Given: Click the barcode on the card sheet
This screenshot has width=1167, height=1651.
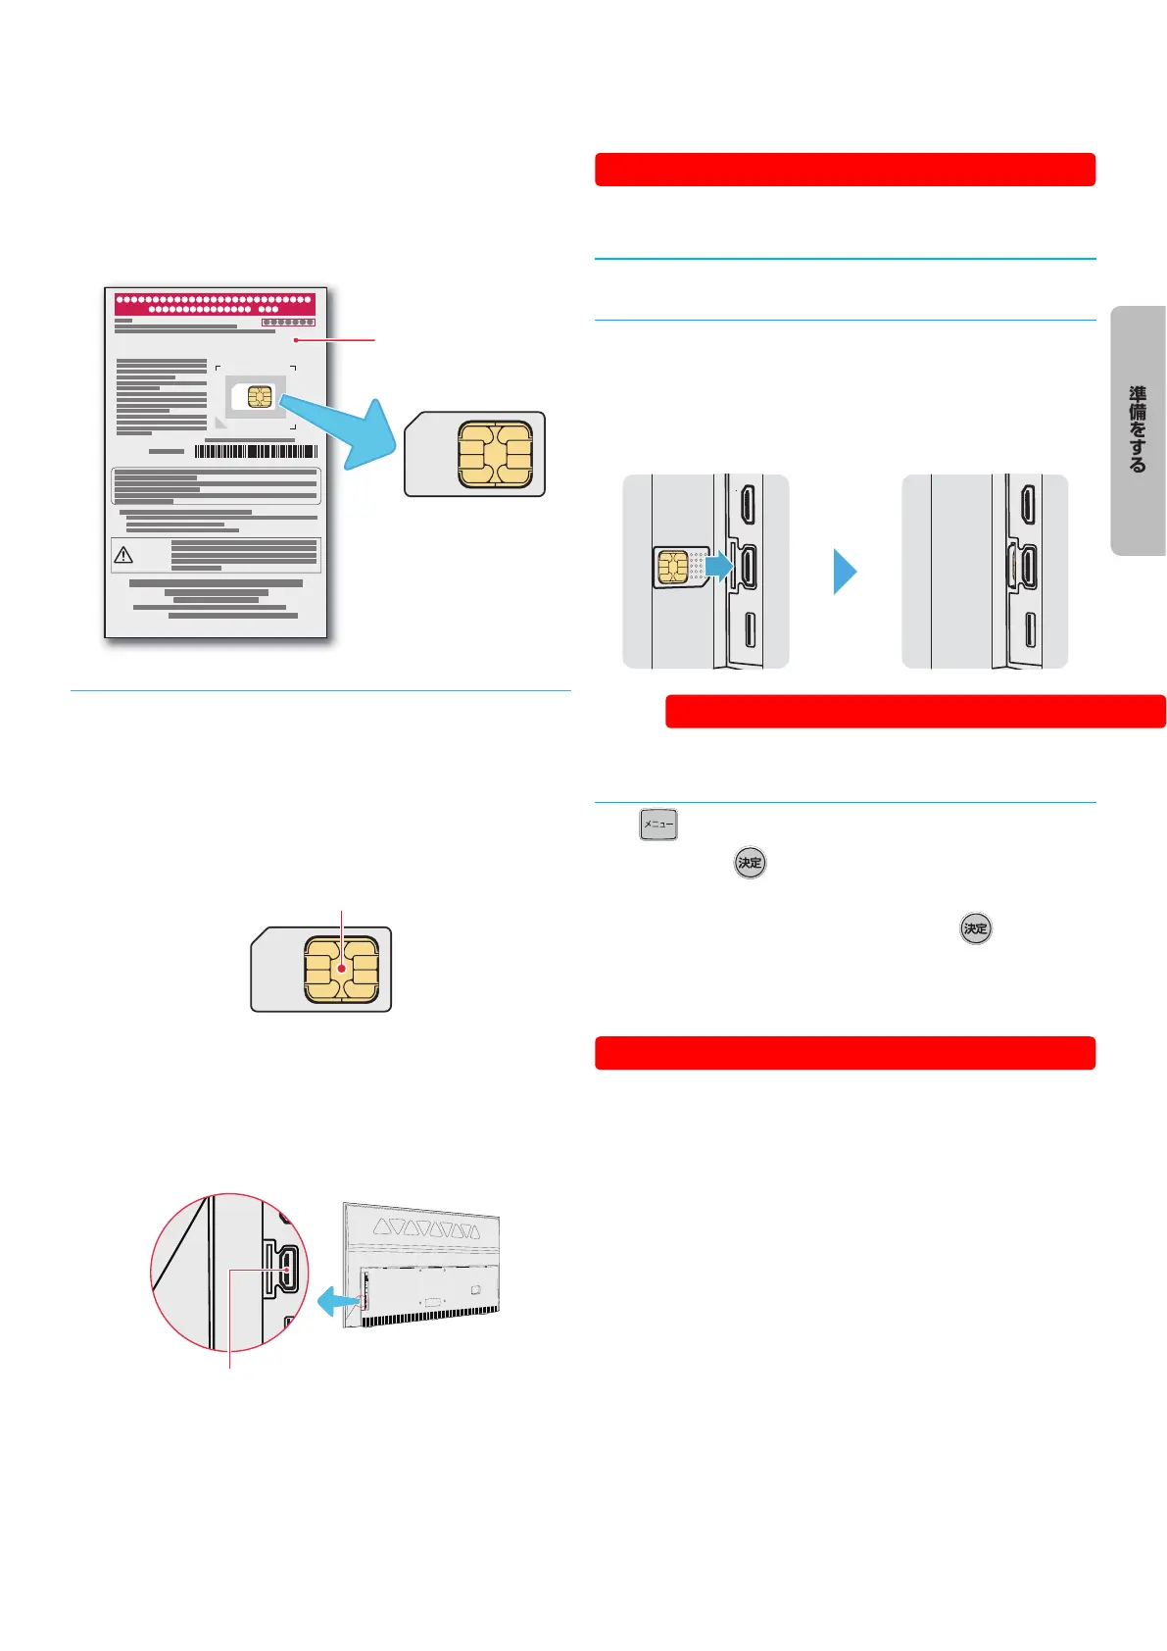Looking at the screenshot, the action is (x=256, y=451).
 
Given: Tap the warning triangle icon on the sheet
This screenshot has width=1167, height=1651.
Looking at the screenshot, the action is (x=123, y=555).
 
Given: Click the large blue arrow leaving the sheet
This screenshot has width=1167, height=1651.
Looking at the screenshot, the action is (x=338, y=429).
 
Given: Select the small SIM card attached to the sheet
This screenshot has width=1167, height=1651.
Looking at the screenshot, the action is (x=255, y=396).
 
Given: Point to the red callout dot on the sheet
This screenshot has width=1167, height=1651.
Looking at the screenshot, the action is (x=295, y=340).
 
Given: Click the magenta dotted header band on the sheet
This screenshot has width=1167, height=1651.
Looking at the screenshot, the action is (x=215, y=303).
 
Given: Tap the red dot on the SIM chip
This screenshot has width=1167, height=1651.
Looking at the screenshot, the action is (x=341, y=969).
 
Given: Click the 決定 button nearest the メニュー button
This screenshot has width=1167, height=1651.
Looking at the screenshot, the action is (x=750, y=863).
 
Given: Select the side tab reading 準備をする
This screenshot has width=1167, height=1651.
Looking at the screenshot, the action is (x=1138, y=430).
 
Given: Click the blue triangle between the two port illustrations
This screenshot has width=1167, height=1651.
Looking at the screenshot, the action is (x=845, y=572).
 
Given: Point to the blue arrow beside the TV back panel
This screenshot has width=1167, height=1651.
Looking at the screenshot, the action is (x=338, y=1302).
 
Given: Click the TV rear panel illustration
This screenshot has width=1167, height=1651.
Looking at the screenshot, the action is (x=422, y=1265).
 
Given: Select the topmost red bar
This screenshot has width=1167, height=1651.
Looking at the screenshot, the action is (x=845, y=170).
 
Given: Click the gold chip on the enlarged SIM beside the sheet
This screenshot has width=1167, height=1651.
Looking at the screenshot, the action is (x=495, y=455).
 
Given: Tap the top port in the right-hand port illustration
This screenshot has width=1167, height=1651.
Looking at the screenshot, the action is (x=1027, y=504).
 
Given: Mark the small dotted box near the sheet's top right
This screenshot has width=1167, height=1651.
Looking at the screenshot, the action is (x=288, y=322).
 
